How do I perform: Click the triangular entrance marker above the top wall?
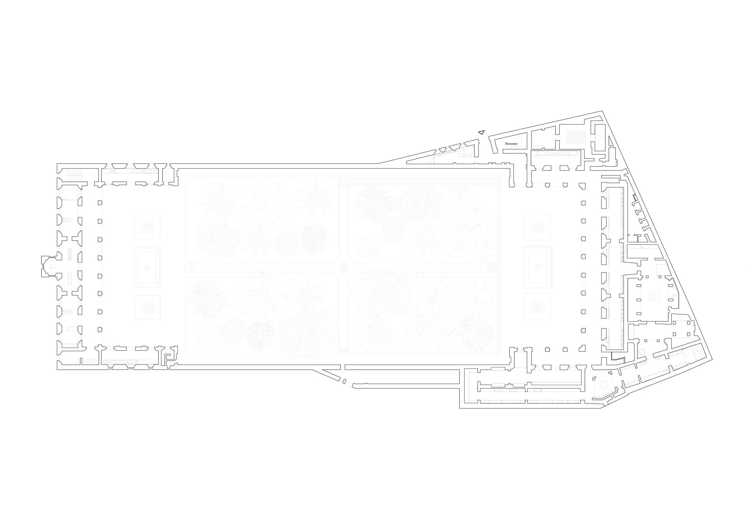click(x=481, y=132)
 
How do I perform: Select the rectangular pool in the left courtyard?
click(x=147, y=267)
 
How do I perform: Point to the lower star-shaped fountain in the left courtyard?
click(x=147, y=307)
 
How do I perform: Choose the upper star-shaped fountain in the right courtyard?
click(x=537, y=227)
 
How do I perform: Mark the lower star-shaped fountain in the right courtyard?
click(x=537, y=307)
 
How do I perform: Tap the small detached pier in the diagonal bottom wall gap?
click(x=344, y=381)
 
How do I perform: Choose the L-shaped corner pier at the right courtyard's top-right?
click(x=582, y=187)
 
